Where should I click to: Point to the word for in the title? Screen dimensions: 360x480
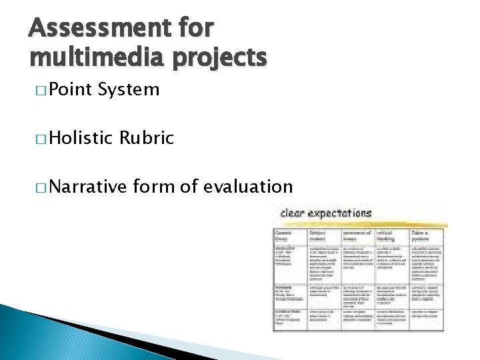(x=194, y=29)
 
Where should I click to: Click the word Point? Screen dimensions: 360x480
(x=71, y=89)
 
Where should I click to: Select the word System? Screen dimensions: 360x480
(x=128, y=89)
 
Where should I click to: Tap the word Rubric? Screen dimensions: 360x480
(x=147, y=138)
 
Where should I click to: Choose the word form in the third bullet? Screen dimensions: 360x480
(x=155, y=187)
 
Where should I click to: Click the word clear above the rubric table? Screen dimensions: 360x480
(x=295, y=213)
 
